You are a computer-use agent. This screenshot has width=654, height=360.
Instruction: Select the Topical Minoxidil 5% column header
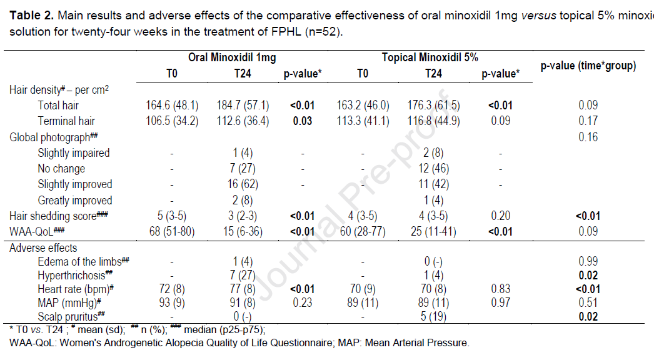click(430, 57)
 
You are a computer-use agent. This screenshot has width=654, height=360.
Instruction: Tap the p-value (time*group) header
click(588, 66)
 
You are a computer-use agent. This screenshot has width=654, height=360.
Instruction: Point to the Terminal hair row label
click(67, 121)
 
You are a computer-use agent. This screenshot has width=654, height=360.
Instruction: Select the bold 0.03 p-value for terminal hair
click(303, 121)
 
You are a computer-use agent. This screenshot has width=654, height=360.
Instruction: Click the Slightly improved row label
click(75, 184)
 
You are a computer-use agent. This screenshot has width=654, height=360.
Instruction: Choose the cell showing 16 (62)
click(243, 184)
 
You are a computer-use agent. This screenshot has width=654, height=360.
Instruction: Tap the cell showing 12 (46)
click(433, 169)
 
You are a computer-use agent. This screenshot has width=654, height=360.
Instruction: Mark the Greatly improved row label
click(75, 201)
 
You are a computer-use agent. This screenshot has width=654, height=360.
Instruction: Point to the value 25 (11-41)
click(433, 232)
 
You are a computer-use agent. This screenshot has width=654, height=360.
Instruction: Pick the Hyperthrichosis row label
click(75, 275)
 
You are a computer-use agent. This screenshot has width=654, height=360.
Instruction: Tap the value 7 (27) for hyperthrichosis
click(243, 275)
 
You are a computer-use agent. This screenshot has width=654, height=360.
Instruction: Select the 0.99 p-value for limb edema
click(588, 261)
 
